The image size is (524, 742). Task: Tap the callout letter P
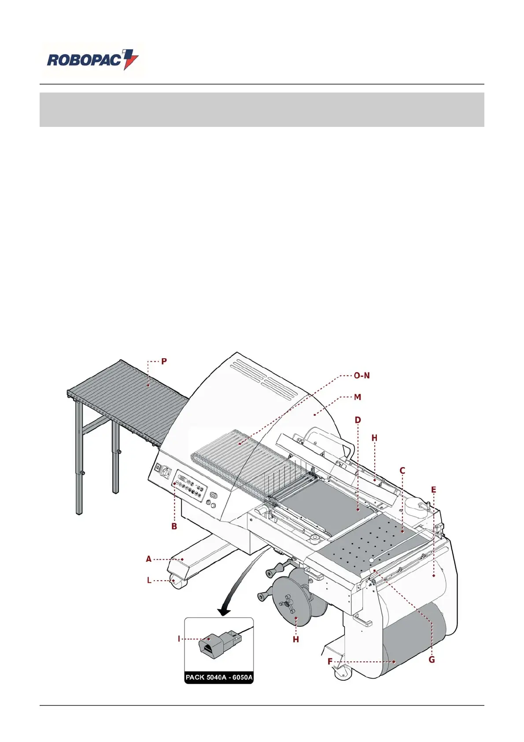(x=164, y=361)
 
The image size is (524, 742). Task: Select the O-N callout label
(x=362, y=376)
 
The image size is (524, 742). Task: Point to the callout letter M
(x=358, y=397)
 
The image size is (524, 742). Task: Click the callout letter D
(x=358, y=420)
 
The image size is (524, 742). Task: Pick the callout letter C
(x=402, y=471)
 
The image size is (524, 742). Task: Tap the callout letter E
(x=433, y=490)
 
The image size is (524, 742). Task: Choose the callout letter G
(x=432, y=660)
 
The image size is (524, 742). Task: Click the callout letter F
(x=330, y=661)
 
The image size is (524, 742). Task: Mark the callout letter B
(x=174, y=526)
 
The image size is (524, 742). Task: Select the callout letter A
(x=149, y=559)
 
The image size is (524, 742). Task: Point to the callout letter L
(x=149, y=580)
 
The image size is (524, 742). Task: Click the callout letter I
(x=179, y=638)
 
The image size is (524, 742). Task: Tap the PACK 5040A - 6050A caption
(x=219, y=677)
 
